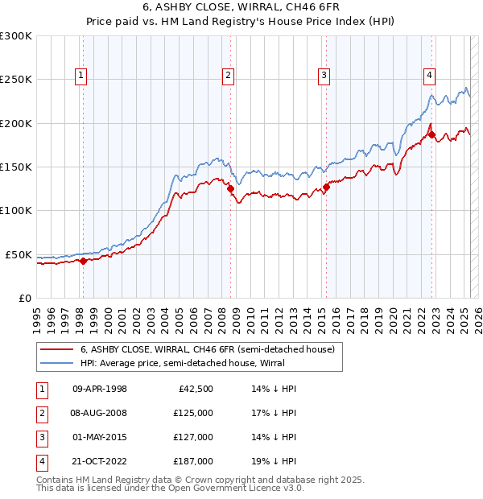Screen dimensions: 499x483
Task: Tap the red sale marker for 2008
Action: click(x=230, y=189)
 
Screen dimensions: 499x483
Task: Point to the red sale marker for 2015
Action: click(x=326, y=188)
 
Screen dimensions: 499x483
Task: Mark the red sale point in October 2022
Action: click(x=432, y=135)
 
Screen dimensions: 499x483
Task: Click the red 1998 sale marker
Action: click(x=82, y=261)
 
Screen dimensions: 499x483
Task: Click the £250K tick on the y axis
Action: click(x=16, y=80)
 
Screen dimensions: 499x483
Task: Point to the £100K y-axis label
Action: click(x=16, y=210)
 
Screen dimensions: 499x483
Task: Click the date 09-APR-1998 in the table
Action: click(x=100, y=389)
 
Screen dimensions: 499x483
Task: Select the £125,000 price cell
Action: click(x=193, y=413)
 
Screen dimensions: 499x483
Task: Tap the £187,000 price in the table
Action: click(x=193, y=461)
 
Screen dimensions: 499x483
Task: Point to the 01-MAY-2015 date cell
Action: click(x=100, y=437)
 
